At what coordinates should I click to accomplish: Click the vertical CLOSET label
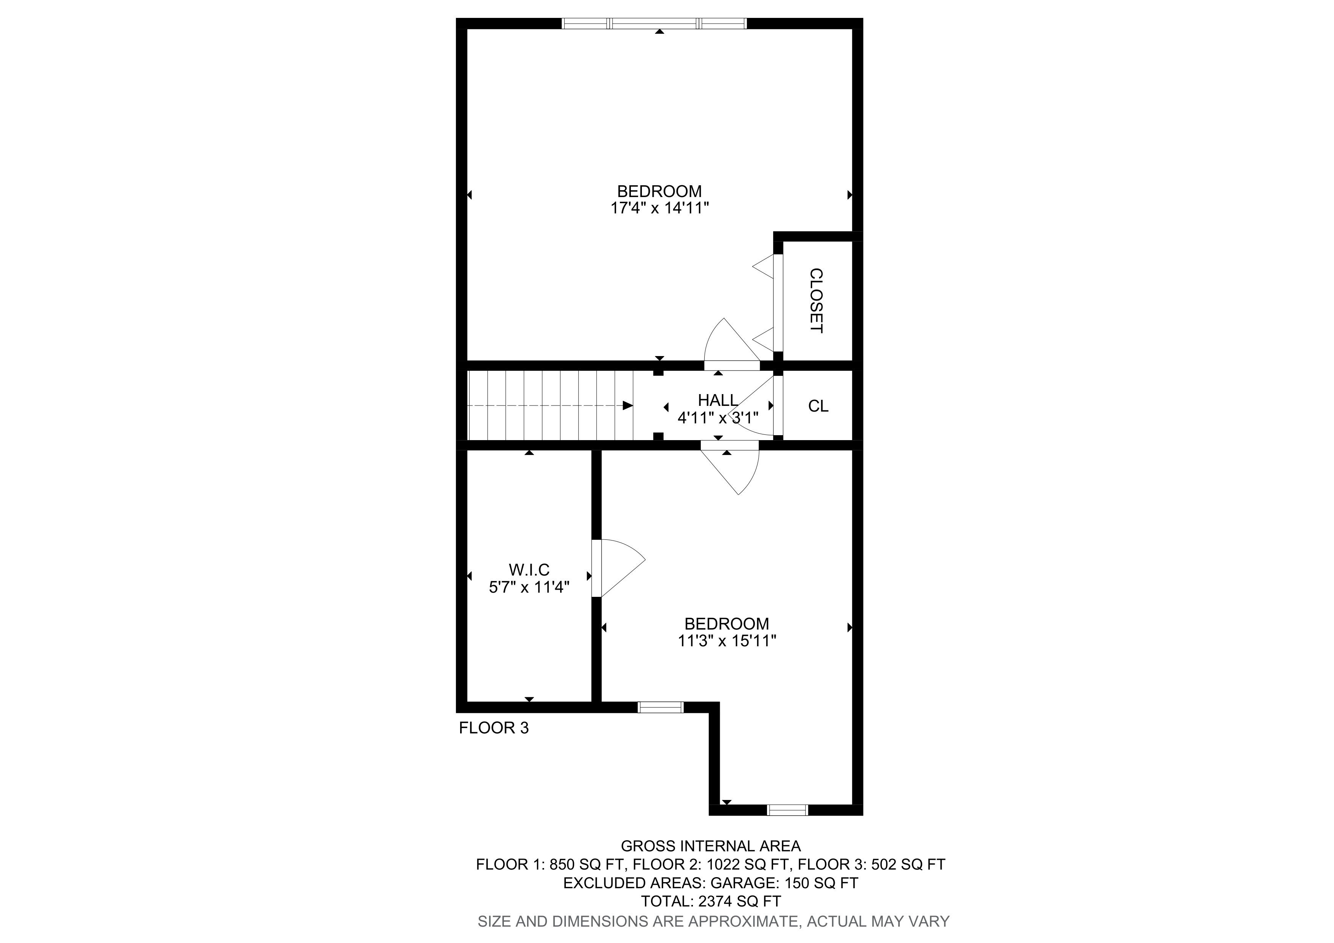[816, 301]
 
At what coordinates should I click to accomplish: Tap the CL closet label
[818, 406]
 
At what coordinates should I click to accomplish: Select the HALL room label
[718, 400]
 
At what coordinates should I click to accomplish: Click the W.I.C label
[529, 570]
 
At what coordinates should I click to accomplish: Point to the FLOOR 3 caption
[494, 728]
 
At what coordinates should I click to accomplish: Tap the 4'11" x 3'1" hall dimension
[718, 418]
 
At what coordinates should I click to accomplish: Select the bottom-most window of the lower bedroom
[787, 810]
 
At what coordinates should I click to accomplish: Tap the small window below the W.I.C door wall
[660, 707]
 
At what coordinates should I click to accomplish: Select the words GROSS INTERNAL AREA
[711, 846]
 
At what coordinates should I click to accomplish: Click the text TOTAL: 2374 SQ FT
[711, 901]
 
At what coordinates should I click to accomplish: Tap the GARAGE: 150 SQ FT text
[785, 883]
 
